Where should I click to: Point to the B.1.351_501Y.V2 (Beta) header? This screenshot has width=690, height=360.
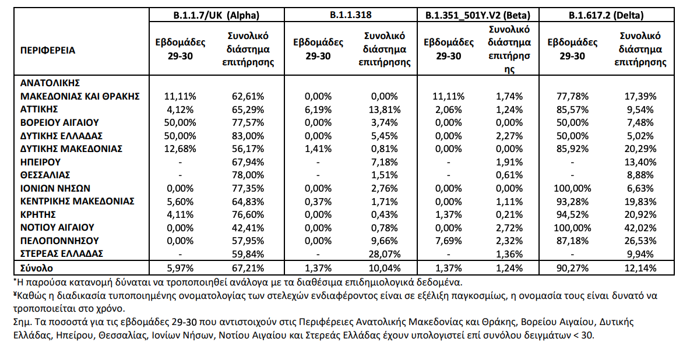477,16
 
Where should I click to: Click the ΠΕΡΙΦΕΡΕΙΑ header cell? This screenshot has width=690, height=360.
48,50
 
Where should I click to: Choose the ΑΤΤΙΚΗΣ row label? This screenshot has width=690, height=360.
40,109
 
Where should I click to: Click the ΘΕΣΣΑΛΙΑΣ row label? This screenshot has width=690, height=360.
47,175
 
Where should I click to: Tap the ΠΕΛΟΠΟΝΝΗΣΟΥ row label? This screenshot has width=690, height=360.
59,241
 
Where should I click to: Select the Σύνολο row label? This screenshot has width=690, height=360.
37,268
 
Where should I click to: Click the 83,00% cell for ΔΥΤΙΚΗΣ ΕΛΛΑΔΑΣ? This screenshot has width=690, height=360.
248,135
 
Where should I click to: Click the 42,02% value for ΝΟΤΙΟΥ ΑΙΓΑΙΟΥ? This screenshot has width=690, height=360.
640,227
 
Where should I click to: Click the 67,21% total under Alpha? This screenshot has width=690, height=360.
248,268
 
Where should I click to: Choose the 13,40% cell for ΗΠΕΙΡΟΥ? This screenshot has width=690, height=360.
640,161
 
